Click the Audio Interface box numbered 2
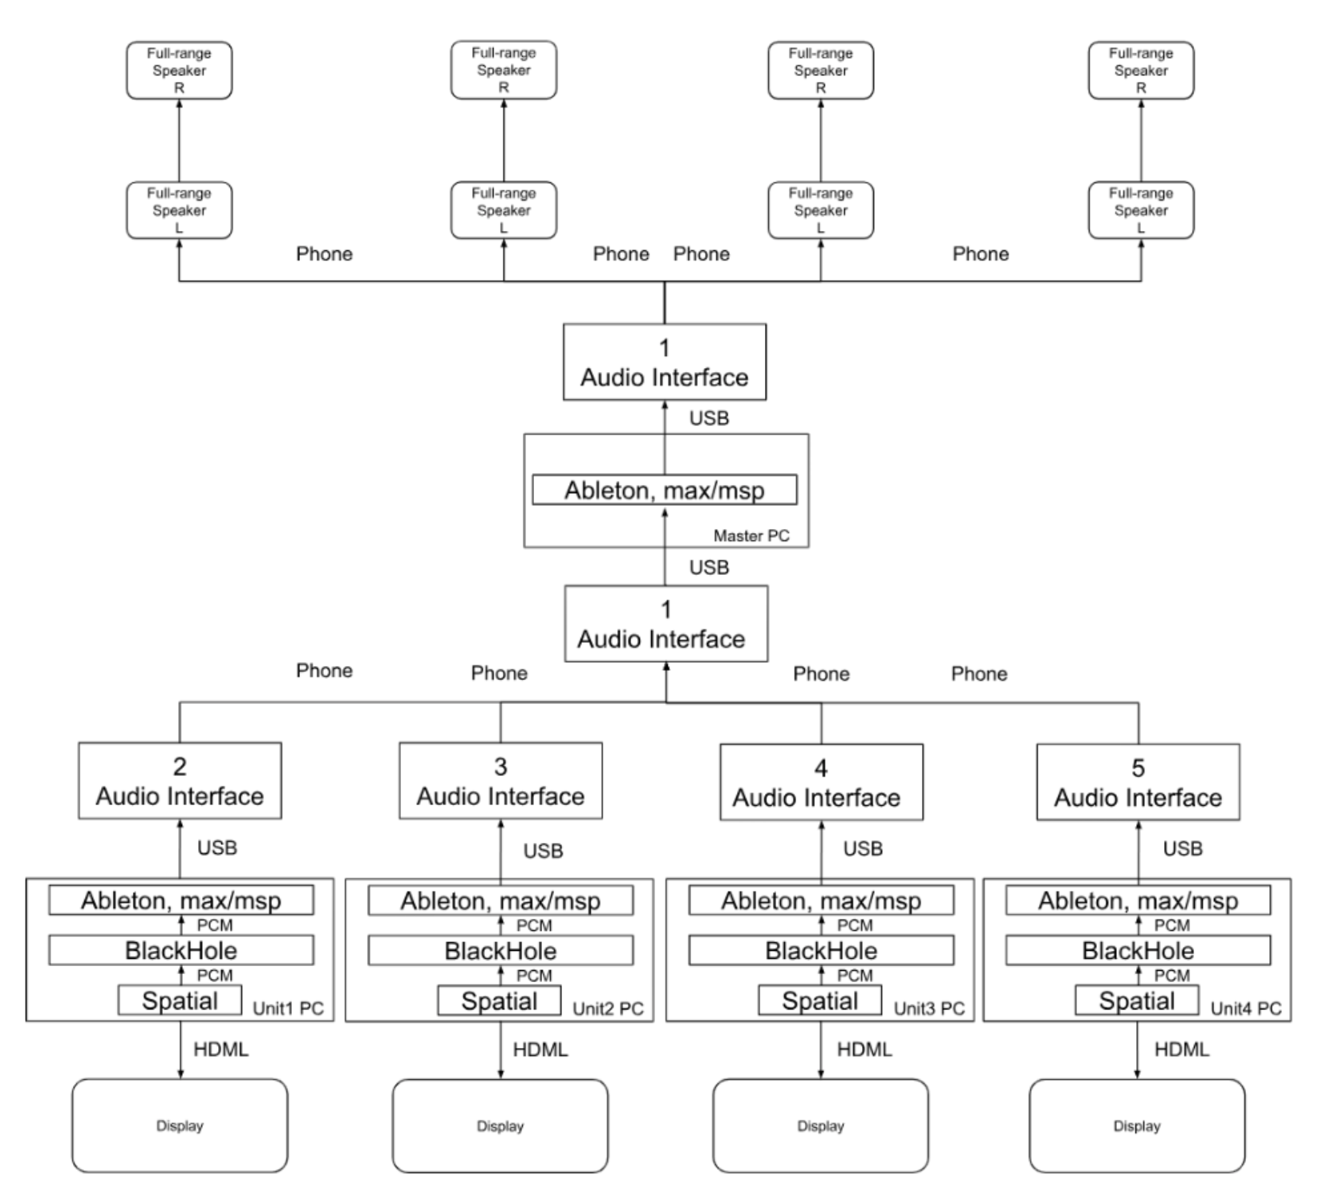pos(180,781)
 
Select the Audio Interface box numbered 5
pos(1138,782)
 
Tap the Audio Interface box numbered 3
pos(500,781)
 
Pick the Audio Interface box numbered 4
pos(821,782)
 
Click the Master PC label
pos(751,536)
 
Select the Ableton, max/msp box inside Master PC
pos(665,490)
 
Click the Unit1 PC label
pos(288,1009)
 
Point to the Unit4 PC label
pos(1246,1009)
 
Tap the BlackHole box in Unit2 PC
pos(500,951)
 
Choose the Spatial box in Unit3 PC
pos(819,1001)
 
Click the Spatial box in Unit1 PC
pos(180,1001)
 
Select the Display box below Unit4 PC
pos(1137,1126)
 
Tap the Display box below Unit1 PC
pos(180,1126)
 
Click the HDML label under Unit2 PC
pos(540,1049)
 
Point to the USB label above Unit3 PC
pos(863,848)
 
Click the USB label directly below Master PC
pos(709,568)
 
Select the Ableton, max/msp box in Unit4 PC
pos(1138,901)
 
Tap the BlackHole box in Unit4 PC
pos(1138,951)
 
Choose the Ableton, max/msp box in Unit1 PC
pos(181,901)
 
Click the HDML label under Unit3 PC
pos(864,1049)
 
